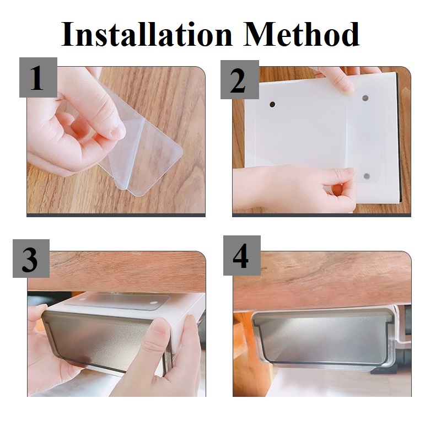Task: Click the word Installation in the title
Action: coord(147,34)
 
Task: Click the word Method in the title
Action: coord(302,34)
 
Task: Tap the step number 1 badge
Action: coord(38,77)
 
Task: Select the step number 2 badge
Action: coord(239,79)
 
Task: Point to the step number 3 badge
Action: coord(31,259)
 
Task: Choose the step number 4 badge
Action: coord(242,255)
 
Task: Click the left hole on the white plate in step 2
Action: coord(272,105)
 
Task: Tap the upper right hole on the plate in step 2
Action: coord(365,98)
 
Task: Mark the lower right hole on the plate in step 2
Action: coord(367,176)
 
